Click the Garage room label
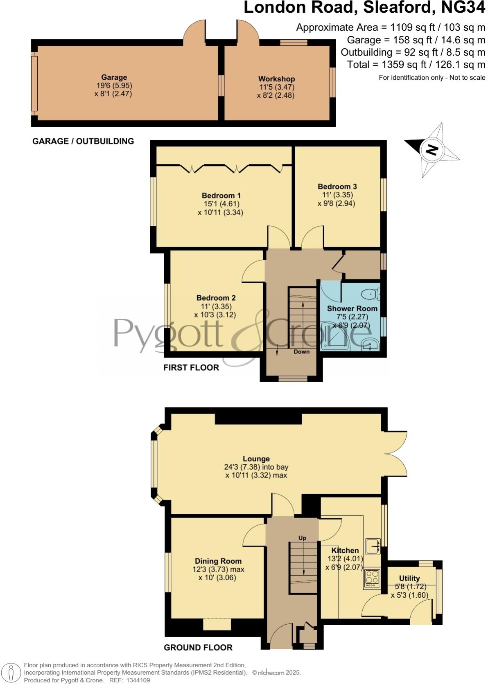pyautogui.click(x=114, y=77)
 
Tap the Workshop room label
pyautogui.click(x=276, y=79)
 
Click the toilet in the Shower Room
pyautogui.click(x=372, y=294)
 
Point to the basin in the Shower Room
pyautogui.click(x=371, y=345)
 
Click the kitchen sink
pyautogui.click(x=373, y=546)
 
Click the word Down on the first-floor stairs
pyautogui.click(x=302, y=352)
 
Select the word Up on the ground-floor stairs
pyautogui.click(x=302, y=538)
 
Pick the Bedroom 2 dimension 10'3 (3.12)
pyautogui.click(x=215, y=315)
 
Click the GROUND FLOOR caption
pyautogui.click(x=198, y=648)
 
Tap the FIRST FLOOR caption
pyautogui.click(x=191, y=367)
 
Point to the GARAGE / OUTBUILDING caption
pyautogui.click(x=83, y=141)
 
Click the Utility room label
pyautogui.click(x=409, y=578)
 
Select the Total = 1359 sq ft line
pyautogui.click(x=416, y=65)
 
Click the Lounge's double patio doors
pyautogui.click(x=396, y=454)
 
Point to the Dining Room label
pyautogui.click(x=218, y=561)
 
